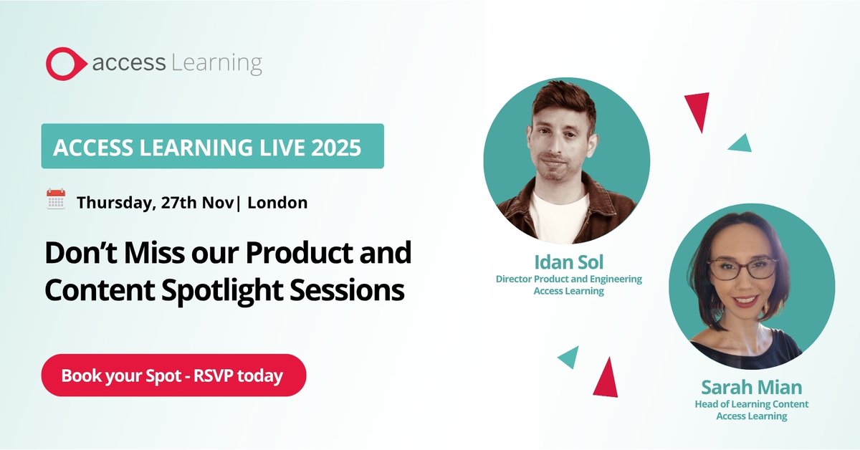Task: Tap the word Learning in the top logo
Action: pos(216,63)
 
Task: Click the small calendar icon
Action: pos(56,199)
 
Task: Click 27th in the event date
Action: pos(176,203)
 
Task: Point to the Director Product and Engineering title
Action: pos(568,279)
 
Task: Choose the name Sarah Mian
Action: pos(751,388)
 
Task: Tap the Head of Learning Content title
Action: pos(751,404)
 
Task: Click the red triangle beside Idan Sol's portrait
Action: pos(697,109)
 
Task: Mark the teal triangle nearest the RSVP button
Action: pos(569,356)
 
